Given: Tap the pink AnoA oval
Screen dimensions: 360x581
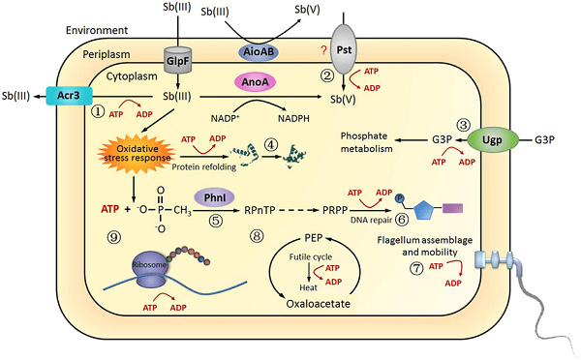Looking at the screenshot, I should coord(254,84).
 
